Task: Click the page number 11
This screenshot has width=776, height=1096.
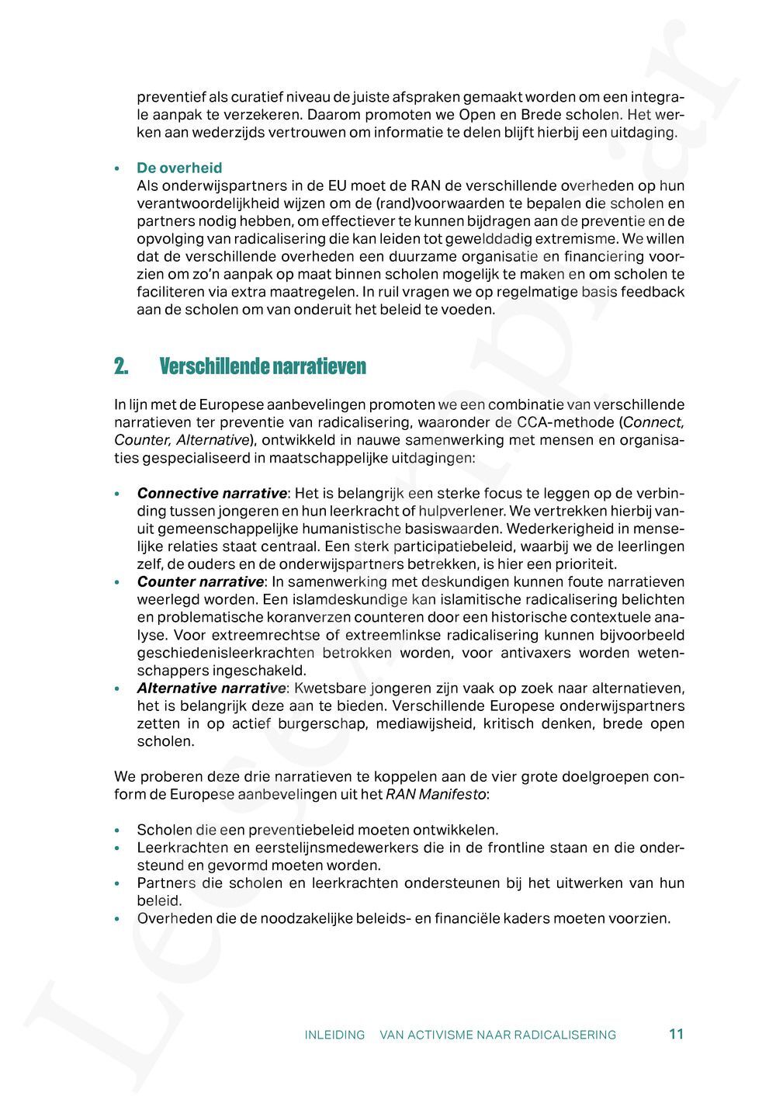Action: pos(676,1034)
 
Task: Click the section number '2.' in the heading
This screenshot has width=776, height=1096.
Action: pos(120,366)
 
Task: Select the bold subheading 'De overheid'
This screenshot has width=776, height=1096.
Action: pos(179,168)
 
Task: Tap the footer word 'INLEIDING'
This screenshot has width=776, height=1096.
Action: pos(334,1035)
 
